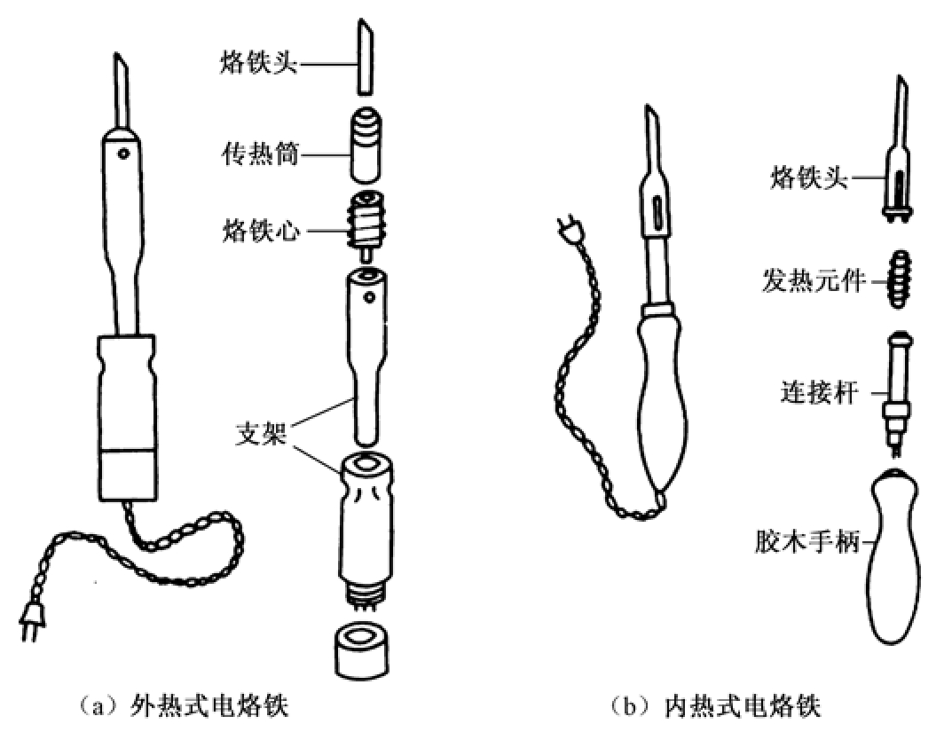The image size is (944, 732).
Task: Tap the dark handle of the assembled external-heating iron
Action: tap(129, 417)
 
